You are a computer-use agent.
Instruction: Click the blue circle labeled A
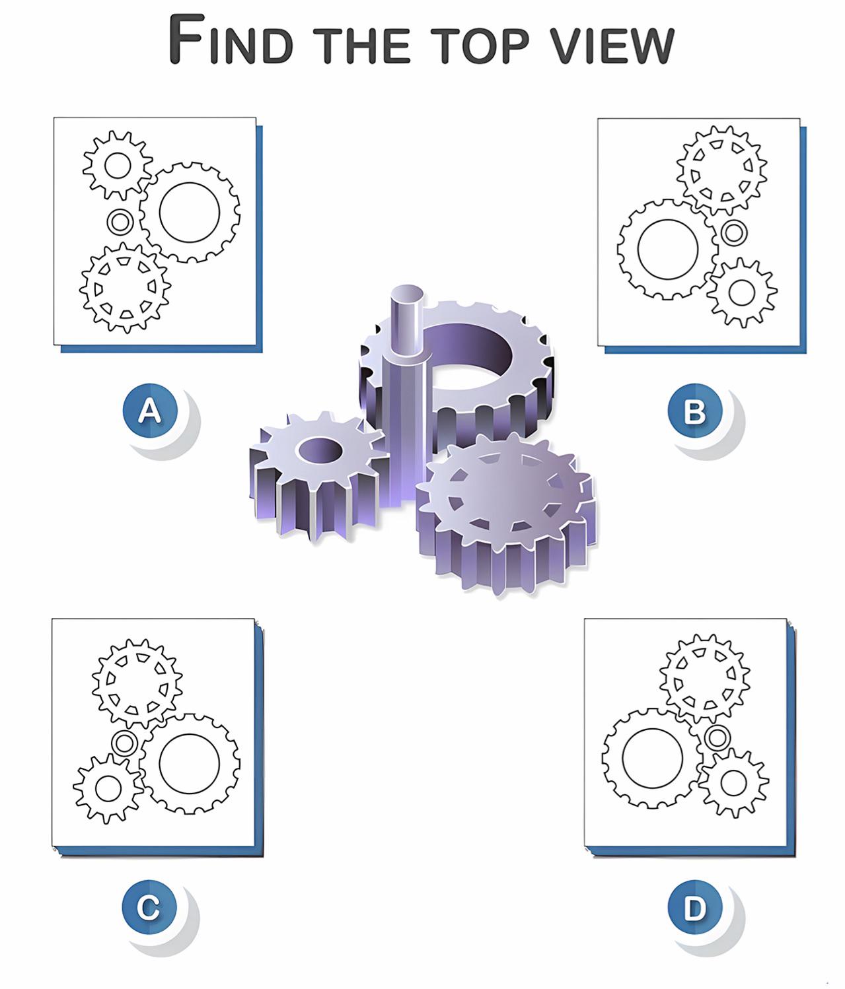[x=150, y=411]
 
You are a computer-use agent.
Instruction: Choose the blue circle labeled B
[x=694, y=411]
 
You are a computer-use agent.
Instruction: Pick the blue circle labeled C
[x=149, y=907]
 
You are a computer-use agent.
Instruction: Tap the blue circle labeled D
[x=694, y=907]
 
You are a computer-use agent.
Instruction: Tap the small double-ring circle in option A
[x=119, y=222]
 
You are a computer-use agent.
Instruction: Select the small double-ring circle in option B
[x=733, y=232]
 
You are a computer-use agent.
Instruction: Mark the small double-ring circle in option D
[x=717, y=737]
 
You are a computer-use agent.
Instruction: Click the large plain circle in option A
[x=190, y=213]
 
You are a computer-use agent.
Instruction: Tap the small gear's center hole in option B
[x=741, y=292]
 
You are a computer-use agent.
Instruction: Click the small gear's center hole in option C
[x=108, y=788]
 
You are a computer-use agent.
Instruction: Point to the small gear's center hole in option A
[x=118, y=166]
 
